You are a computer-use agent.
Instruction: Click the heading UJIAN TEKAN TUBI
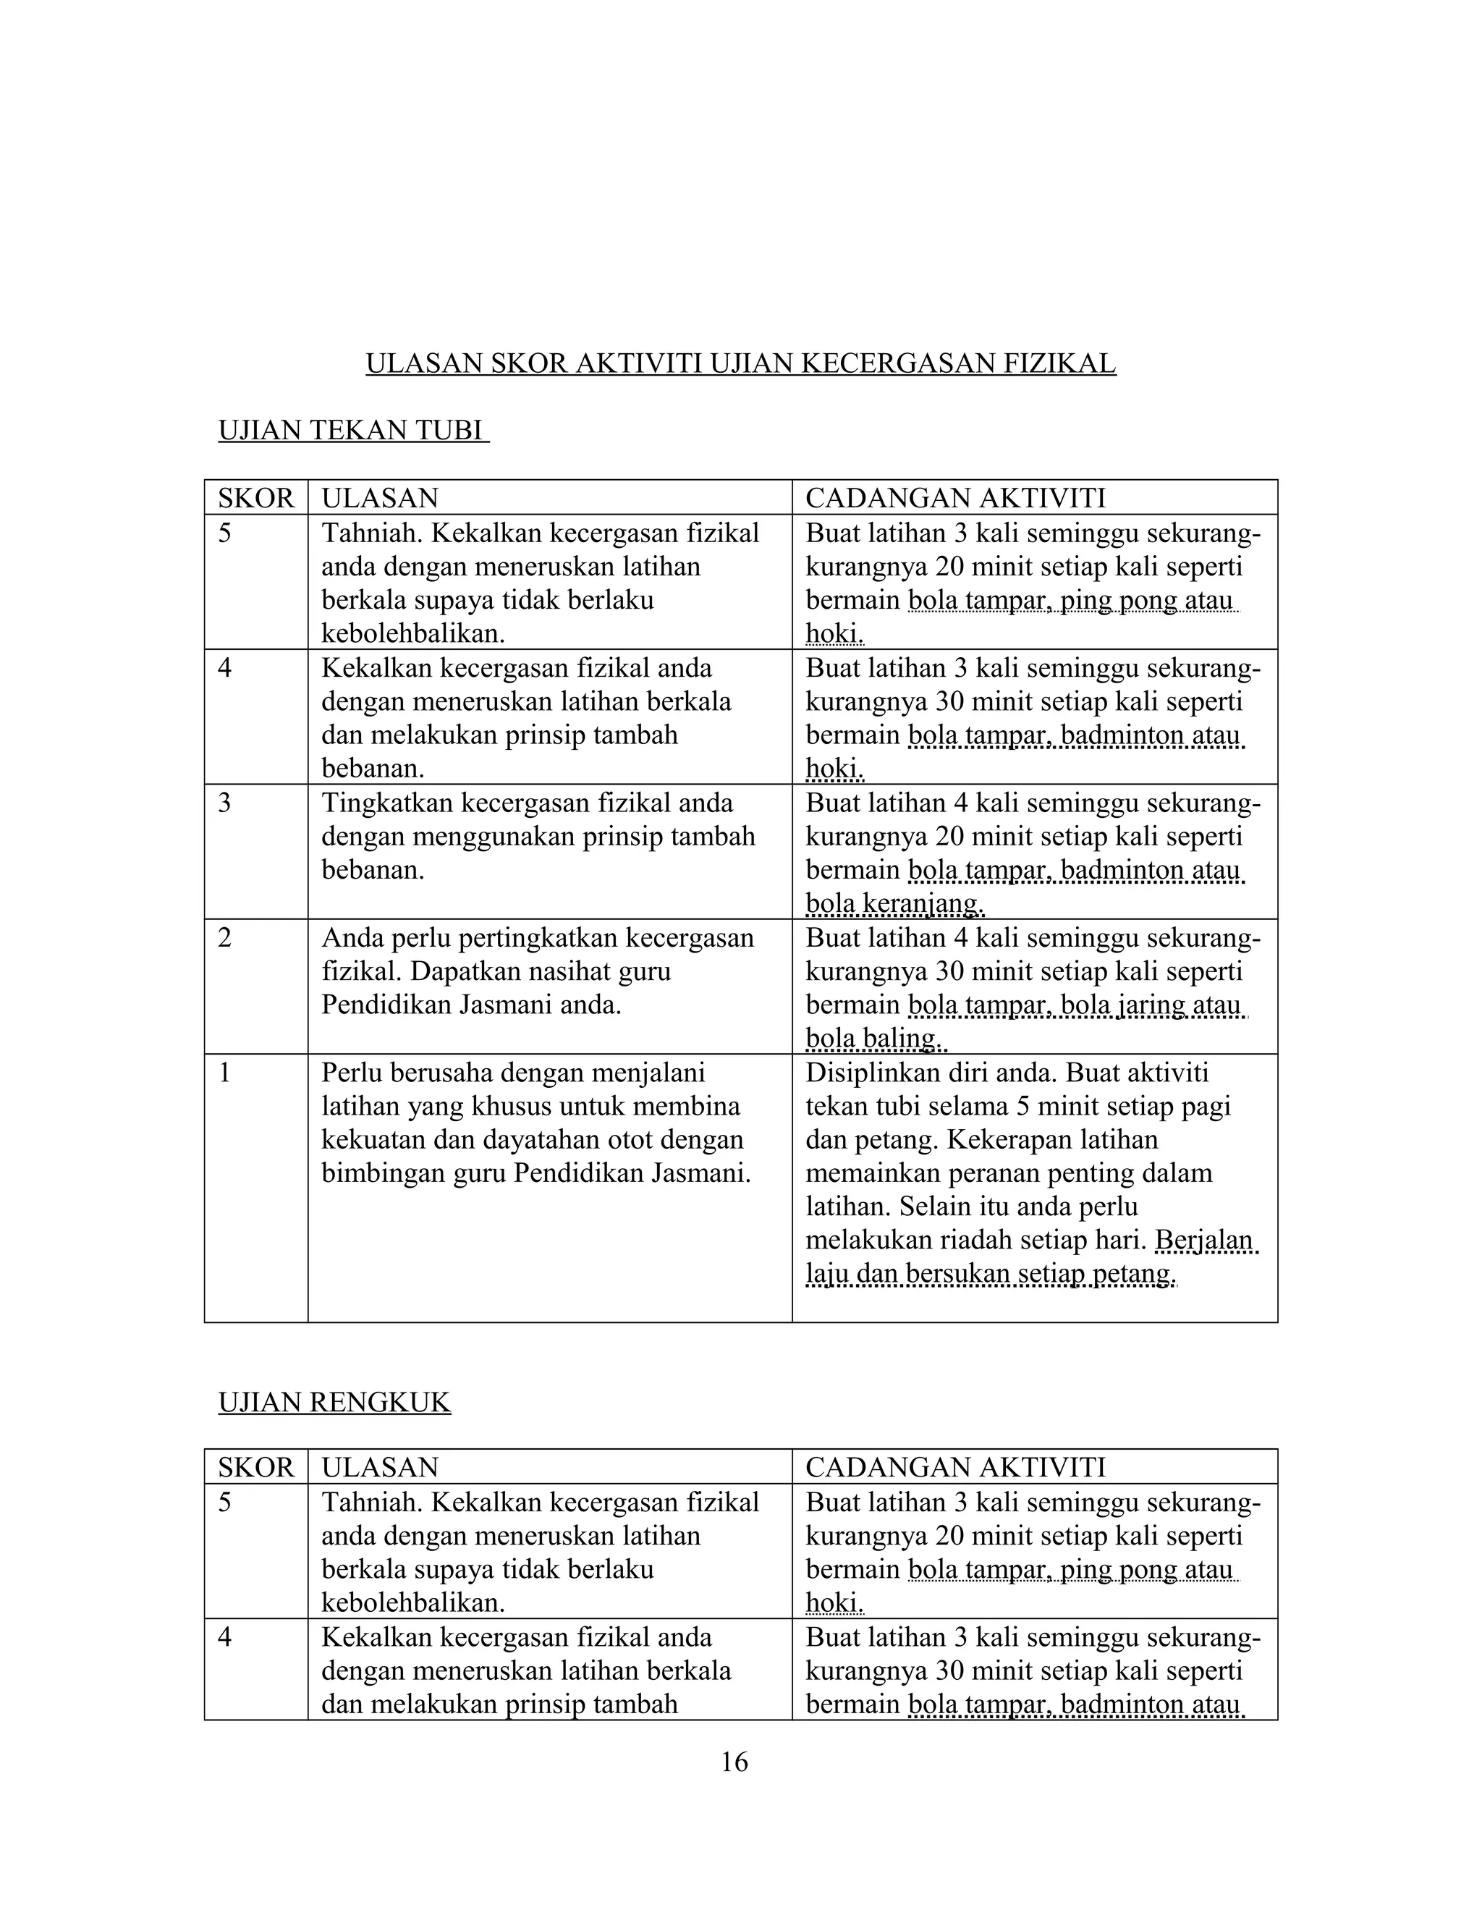[x=352, y=431]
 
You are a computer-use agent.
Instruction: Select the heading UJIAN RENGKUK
[x=334, y=1403]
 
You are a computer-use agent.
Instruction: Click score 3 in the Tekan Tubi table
[x=225, y=803]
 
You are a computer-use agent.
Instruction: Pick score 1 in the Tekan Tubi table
[x=225, y=1073]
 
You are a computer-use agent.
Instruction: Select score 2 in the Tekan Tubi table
[x=225, y=938]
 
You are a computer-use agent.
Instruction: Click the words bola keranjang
[x=894, y=904]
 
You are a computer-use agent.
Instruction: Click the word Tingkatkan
[x=386, y=803]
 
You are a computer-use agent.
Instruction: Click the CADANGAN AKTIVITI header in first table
[x=955, y=499]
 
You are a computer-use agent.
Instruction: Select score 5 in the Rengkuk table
[x=225, y=1503]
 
